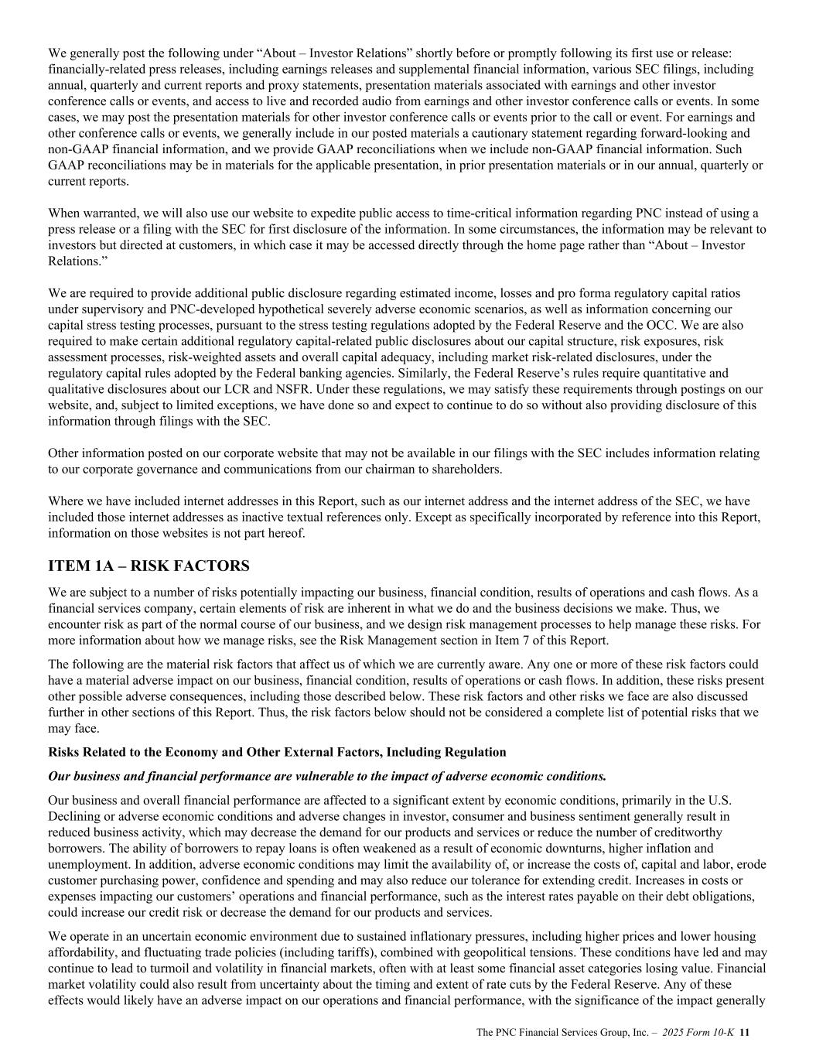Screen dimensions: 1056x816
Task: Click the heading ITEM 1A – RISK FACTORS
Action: pyautogui.click(x=149, y=566)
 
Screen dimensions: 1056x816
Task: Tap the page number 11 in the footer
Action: pyautogui.click(x=746, y=1032)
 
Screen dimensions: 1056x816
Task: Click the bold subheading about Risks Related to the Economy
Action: pyautogui.click(x=277, y=752)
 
